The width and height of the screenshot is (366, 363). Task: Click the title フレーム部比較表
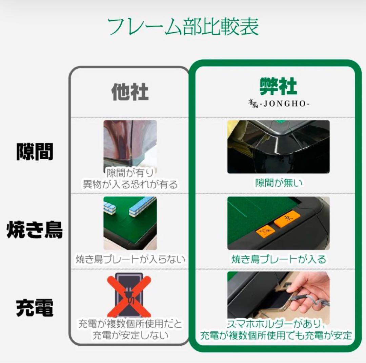click(183, 27)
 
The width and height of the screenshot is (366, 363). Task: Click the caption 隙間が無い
click(279, 183)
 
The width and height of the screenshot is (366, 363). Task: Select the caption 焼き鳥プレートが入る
click(279, 260)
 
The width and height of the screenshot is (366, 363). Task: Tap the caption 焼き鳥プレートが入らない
click(130, 260)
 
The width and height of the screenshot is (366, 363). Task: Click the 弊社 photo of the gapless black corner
click(278, 147)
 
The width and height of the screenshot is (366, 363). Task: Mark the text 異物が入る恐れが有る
click(130, 185)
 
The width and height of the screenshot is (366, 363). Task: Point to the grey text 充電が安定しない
click(130, 335)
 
